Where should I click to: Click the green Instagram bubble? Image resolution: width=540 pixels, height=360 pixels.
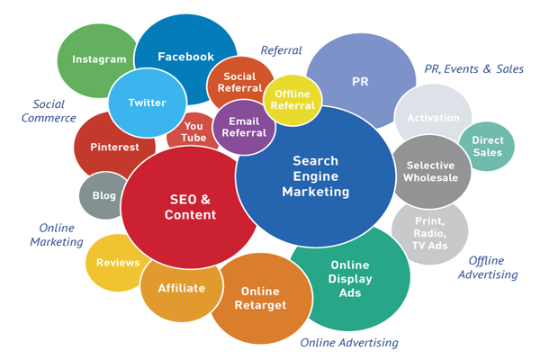[x=99, y=59]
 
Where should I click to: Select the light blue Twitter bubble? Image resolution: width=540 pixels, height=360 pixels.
[x=147, y=102]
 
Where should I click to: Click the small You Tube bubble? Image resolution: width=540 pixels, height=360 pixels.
[x=193, y=132]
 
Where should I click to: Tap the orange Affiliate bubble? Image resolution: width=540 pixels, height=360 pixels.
[x=182, y=288]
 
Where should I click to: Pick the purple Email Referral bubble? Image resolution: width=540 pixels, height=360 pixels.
[x=245, y=127]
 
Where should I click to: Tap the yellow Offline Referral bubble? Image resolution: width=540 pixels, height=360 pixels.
[x=292, y=100]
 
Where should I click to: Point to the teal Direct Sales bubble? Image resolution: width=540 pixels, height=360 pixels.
[x=487, y=147]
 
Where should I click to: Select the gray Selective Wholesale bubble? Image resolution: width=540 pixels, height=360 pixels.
[x=432, y=171]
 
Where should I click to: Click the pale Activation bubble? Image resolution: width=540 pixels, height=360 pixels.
[x=433, y=118]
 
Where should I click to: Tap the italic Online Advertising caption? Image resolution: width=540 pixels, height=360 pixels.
[x=349, y=343]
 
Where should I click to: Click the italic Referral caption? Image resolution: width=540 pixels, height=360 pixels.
[x=281, y=50]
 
